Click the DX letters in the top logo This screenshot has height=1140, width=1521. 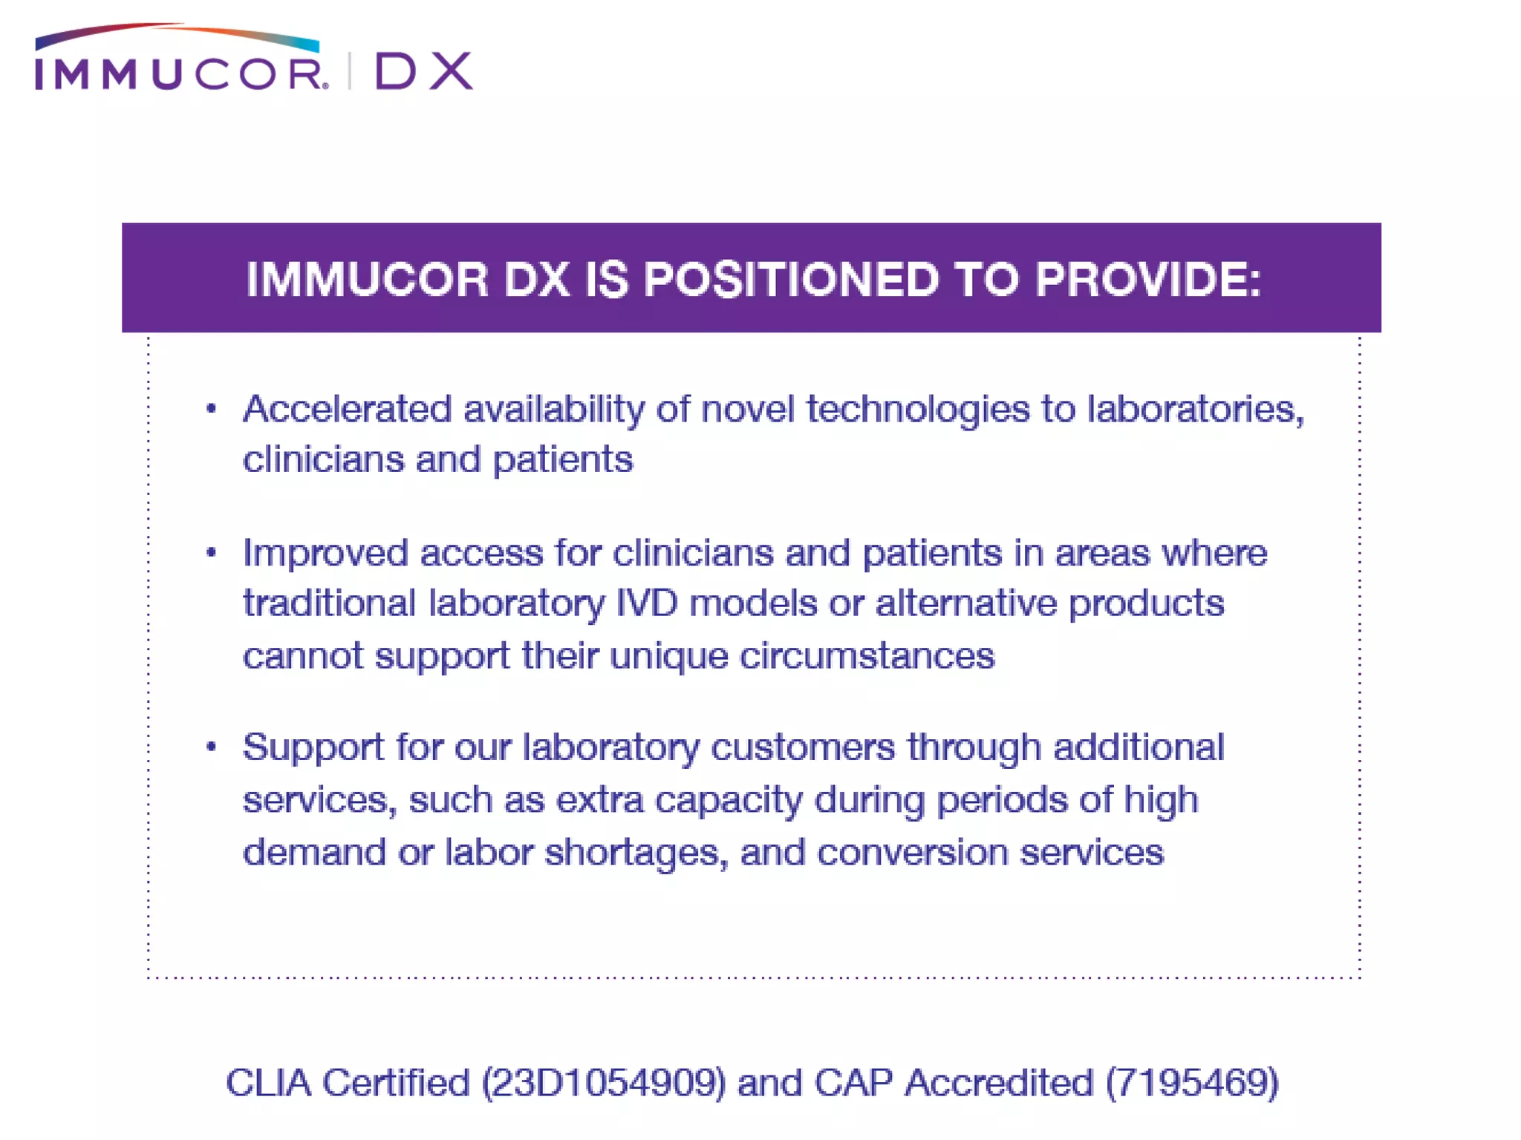coord(424,71)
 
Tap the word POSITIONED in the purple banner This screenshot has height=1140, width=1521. coord(792,280)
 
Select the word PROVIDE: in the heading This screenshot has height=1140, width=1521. coord(1148,280)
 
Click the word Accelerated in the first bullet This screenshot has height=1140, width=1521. coord(347,409)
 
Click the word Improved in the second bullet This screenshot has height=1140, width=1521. coord(325,554)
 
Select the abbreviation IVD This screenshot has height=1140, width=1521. coord(646,603)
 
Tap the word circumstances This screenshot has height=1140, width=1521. coord(867,656)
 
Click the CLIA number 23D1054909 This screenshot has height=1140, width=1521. coord(603,1083)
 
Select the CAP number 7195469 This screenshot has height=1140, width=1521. coord(1192,1083)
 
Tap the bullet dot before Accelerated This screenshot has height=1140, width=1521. coord(212,408)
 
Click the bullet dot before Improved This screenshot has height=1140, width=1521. coord(212,552)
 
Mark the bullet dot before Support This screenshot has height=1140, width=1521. coord(212,747)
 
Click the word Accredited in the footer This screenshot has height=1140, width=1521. coord(999,1083)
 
